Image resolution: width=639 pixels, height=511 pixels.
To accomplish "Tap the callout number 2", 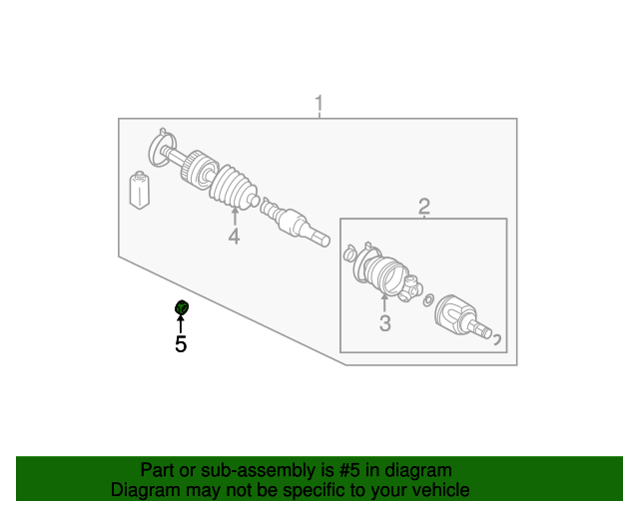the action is [424, 207].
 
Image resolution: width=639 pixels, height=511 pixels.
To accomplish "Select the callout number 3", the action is [385, 323].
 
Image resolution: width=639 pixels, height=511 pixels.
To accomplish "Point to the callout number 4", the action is [234, 237].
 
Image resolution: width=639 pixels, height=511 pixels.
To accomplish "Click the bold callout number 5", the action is [181, 344].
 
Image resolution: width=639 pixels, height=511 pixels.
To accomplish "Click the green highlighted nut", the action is [182, 307].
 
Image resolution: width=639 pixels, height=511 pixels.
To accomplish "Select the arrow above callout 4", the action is [235, 216].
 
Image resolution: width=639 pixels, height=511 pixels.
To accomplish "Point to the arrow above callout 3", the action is [384, 302].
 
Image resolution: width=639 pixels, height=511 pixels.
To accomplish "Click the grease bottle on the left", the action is [140, 191].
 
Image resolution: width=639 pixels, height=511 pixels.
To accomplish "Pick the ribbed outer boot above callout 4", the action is [234, 187].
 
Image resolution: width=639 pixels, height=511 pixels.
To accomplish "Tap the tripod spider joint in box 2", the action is [411, 288].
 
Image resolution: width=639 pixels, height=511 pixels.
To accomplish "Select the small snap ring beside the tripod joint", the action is [428, 299].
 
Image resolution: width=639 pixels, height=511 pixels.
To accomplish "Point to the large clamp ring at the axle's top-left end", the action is [163, 148].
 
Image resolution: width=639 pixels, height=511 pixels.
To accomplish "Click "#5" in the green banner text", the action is [349, 470].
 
